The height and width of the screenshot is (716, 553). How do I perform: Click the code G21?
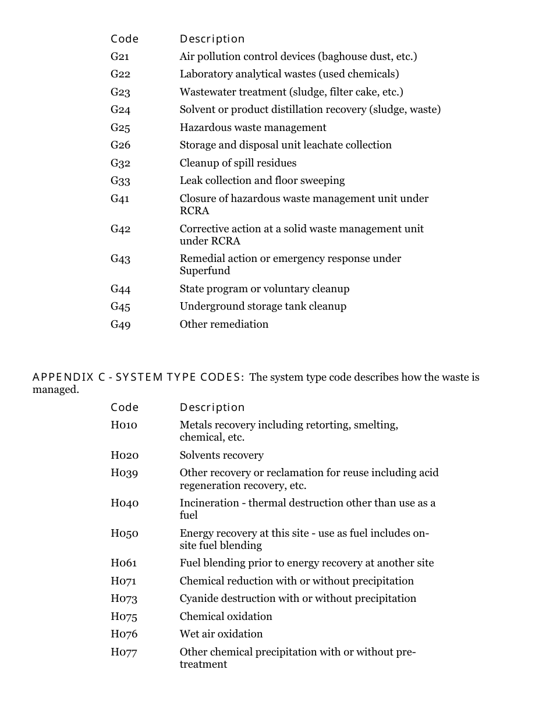(x=120, y=56)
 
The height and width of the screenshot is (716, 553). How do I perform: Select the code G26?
(x=120, y=145)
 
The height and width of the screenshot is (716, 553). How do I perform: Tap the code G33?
(x=120, y=180)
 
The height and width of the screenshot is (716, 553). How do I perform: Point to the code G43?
(x=120, y=258)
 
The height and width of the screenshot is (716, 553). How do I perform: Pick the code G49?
(x=120, y=324)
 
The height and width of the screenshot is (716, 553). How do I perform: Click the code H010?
(x=124, y=425)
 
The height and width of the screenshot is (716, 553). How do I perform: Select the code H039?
(x=125, y=473)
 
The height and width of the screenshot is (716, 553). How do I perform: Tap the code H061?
(x=124, y=563)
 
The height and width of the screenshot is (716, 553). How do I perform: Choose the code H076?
(x=124, y=634)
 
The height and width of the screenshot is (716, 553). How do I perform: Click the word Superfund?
(x=205, y=271)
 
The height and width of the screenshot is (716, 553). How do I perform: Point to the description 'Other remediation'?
(x=224, y=324)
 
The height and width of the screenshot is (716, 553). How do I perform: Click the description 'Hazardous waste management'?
(x=253, y=127)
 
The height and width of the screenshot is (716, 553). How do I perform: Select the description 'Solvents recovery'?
(x=221, y=455)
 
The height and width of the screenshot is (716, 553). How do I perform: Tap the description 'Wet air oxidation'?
(x=221, y=634)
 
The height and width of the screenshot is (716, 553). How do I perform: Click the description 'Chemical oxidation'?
(x=226, y=616)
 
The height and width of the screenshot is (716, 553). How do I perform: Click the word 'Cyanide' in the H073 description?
(x=198, y=598)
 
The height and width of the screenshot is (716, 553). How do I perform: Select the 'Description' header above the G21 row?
(x=212, y=39)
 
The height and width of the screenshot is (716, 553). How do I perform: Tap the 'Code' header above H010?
(x=125, y=407)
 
